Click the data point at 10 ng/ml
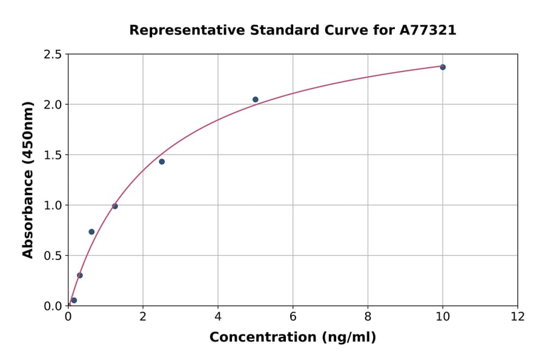coord(443,67)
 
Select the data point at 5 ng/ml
coord(256,99)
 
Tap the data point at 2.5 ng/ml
coord(162,162)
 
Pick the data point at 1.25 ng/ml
coord(115,206)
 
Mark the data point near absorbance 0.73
coord(91,232)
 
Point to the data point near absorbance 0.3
coord(80,275)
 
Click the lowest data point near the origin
coord(74,300)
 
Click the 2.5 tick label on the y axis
coord(53,55)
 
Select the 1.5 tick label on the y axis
coord(53,155)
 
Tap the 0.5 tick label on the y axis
coord(53,256)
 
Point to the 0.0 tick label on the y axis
coord(53,306)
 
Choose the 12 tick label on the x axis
coord(518,316)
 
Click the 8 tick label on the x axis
coord(368,316)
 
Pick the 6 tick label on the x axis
coord(293,316)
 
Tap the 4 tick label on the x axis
coord(218,316)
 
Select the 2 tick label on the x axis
coord(143,316)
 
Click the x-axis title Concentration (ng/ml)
coord(292,338)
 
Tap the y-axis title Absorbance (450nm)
coord(28,179)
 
